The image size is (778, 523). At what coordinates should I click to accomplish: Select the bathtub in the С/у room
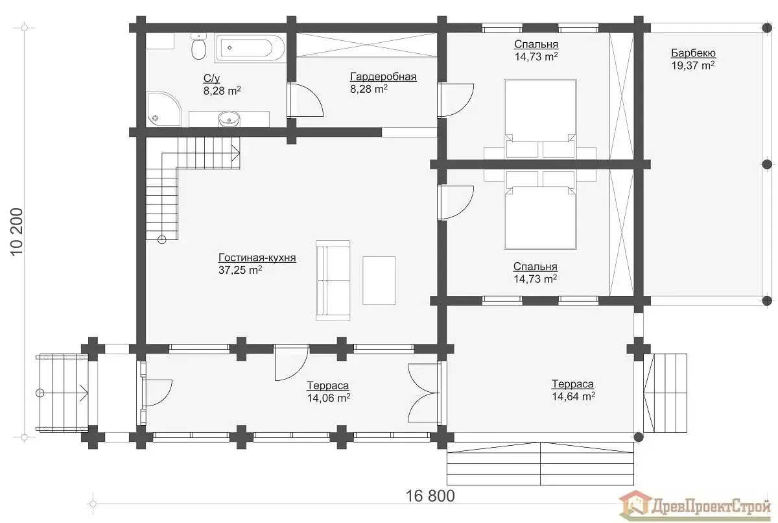(x=250, y=48)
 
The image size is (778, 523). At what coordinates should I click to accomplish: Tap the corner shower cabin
(x=163, y=109)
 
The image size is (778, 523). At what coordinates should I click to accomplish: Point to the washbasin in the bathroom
(x=229, y=119)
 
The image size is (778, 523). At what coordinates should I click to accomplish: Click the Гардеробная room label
(x=383, y=77)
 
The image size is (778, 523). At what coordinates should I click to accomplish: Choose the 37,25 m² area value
(x=240, y=270)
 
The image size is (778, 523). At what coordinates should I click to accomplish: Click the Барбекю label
(x=693, y=53)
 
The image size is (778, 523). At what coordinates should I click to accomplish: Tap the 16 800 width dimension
(x=430, y=496)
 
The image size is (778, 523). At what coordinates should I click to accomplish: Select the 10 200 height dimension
(x=17, y=232)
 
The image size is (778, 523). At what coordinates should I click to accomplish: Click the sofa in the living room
(x=333, y=280)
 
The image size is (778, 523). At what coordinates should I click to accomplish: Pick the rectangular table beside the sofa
(x=379, y=280)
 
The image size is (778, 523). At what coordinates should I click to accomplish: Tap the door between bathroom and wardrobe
(x=305, y=100)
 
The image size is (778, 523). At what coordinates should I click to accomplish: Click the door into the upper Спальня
(x=455, y=100)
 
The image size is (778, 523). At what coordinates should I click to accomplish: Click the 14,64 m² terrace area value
(x=573, y=396)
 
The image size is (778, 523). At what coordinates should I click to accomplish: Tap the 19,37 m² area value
(x=693, y=66)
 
